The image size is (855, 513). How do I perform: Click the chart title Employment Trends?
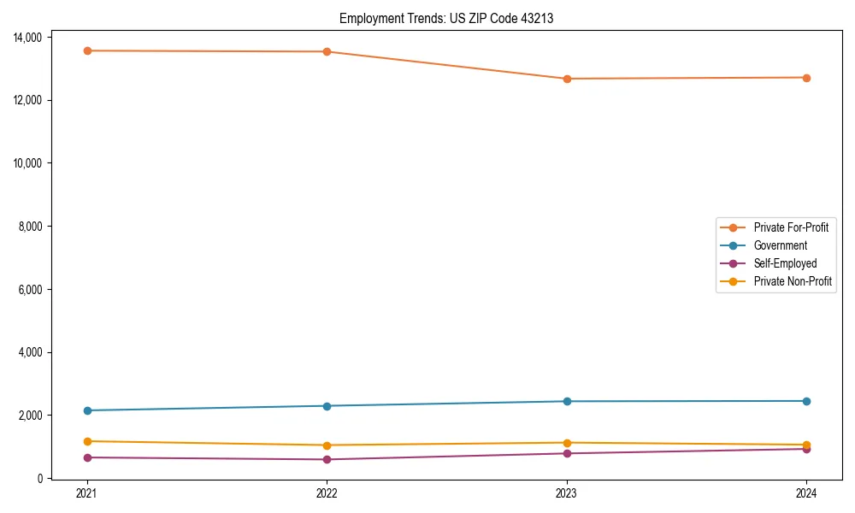[x=446, y=18]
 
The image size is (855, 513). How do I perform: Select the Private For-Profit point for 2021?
[x=86, y=50]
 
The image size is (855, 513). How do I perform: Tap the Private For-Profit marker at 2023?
[x=567, y=79]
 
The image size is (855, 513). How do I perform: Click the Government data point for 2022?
[x=327, y=405]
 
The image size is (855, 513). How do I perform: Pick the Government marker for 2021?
[x=86, y=410]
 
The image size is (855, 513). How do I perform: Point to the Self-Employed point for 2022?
[x=327, y=459]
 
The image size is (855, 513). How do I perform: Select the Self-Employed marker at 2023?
[x=567, y=453]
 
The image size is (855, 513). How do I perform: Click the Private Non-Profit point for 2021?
[x=86, y=441]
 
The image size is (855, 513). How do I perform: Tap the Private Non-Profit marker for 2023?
[x=567, y=443]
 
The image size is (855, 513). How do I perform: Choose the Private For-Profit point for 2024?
[x=806, y=78]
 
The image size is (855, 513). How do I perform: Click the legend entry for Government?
[x=780, y=245]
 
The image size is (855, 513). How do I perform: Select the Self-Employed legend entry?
[x=785, y=263]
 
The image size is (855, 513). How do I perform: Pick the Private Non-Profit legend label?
[x=793, y=281]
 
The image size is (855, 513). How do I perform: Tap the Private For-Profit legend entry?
[x=791, y=227]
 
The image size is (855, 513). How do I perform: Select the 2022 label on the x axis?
[x=327, y=493]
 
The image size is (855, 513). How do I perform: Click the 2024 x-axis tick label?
[x=806, y=493]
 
